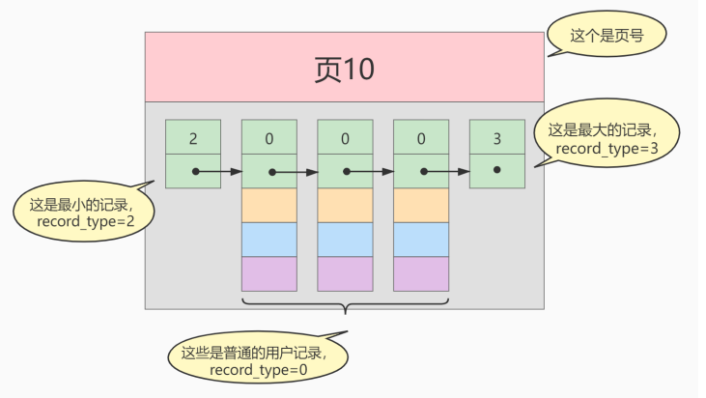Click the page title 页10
345,69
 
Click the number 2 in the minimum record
193,138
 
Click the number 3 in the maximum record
497,138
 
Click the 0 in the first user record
269,138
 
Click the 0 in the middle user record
345,138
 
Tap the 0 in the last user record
421,138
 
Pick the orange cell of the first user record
269,205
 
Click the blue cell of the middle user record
345,239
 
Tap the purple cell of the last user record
421,273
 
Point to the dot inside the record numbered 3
496,170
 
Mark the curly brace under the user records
345,306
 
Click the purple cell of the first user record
269,273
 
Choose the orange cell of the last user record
421,205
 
